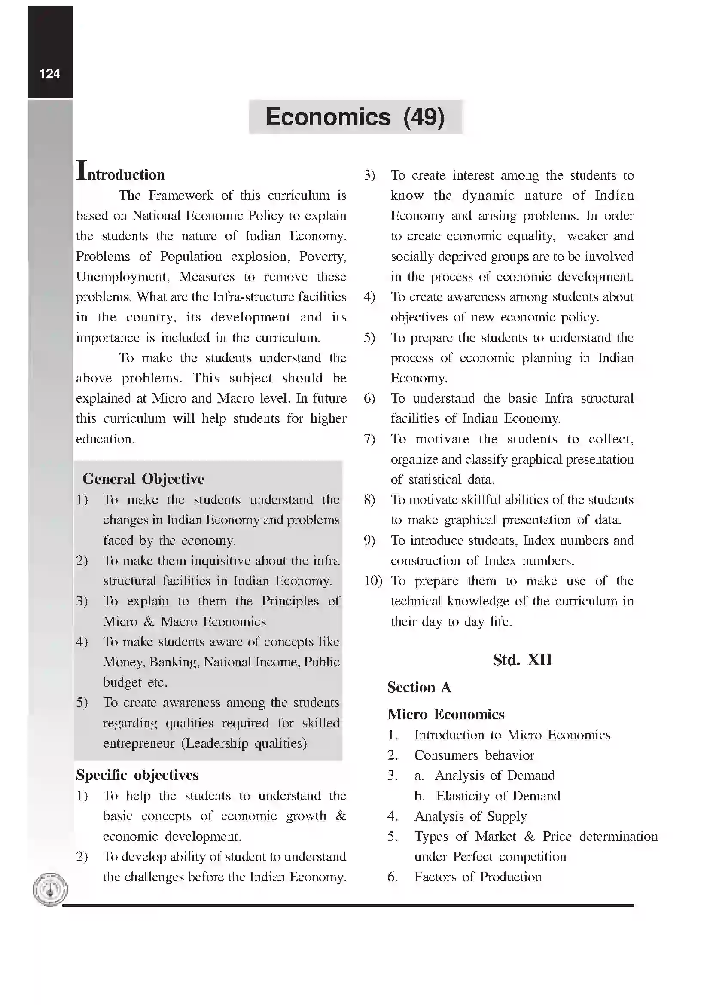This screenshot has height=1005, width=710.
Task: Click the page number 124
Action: point(49,73)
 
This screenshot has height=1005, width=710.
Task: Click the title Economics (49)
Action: point(355,117)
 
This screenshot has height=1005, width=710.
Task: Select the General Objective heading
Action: point(143,478)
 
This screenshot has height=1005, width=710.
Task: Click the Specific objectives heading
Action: point(137,775)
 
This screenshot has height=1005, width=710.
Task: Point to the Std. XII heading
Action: point(522,660)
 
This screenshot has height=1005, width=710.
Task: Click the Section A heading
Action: point(419,687)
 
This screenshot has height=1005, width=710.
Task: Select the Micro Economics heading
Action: point(445,715)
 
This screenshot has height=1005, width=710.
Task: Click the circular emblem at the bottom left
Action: point(50,889)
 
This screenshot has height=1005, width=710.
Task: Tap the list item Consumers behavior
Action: point(474,755)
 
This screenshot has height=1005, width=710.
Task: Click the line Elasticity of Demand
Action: point(498,796)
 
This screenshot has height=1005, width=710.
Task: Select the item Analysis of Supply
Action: point(470,816)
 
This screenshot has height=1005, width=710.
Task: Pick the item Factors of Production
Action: point(478,877)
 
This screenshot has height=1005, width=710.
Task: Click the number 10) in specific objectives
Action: point(373,581)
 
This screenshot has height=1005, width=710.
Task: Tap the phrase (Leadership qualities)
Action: point(244,743)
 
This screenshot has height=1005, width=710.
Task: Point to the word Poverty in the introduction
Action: point(323,257)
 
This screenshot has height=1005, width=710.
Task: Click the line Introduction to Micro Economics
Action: point(512,735)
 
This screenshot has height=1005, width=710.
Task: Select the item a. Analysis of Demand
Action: point(484,775)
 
